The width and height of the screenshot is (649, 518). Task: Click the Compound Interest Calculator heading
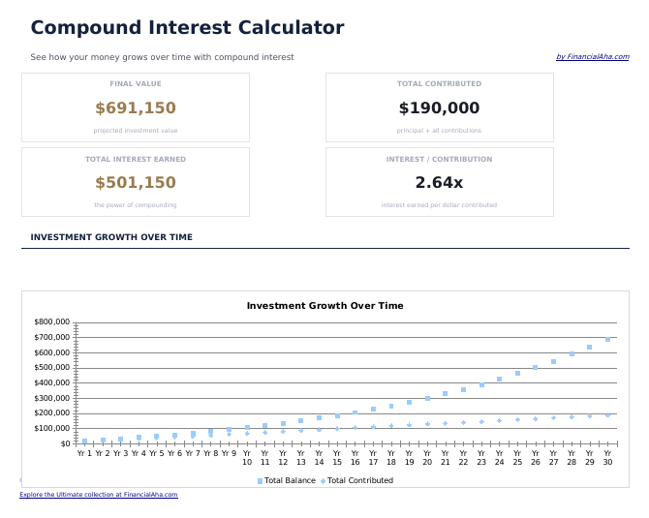187,28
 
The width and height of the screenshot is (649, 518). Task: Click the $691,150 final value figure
136,108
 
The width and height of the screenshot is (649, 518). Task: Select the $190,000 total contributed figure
439,108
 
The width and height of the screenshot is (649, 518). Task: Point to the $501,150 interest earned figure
136,183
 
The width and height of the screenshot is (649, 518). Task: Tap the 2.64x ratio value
439,183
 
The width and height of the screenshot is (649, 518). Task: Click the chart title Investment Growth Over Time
324,306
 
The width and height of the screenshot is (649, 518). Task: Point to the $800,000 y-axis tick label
51,321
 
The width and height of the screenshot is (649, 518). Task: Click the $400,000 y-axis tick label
51,382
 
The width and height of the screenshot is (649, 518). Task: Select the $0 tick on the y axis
64,443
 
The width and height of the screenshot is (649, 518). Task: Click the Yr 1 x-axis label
84,453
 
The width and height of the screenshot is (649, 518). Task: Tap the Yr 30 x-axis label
607,457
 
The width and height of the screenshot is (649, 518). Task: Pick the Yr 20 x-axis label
427,457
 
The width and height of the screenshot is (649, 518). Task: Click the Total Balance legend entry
287,480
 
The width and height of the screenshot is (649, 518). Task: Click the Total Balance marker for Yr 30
607,340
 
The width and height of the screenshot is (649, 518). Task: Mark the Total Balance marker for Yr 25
517,373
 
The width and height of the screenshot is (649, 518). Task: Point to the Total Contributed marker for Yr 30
607,415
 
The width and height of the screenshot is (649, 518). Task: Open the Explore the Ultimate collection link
99,495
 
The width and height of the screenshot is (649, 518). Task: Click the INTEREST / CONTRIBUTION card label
439,159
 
